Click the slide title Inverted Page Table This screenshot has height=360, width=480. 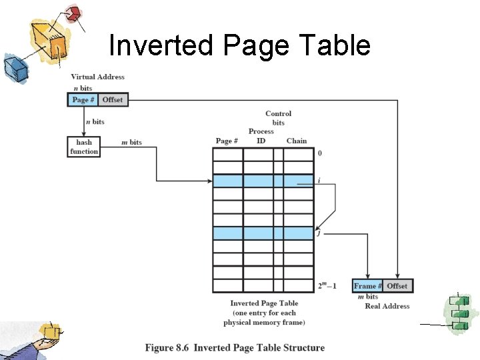[239, 46]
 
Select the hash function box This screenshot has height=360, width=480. [84, 147]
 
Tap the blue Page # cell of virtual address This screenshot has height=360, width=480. [83, 100]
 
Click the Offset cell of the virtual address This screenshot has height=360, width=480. [113, 100]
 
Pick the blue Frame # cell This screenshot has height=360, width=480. [368, 286]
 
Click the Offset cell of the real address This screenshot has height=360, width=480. [397, 286]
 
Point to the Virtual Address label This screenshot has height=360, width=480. [97, 77]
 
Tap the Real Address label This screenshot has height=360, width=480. [387, 306]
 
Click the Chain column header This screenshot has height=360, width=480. [297, 141]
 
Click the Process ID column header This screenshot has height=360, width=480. [261, 136]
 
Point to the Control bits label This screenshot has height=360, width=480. [278, 118]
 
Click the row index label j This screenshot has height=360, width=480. [319, 233]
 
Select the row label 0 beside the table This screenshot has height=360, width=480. [320, 153]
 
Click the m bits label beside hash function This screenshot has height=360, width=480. [131, 142]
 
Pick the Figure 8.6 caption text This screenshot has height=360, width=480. [235, 347]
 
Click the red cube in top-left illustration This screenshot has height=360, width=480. [74, 13]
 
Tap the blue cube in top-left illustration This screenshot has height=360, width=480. [13, 67]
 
